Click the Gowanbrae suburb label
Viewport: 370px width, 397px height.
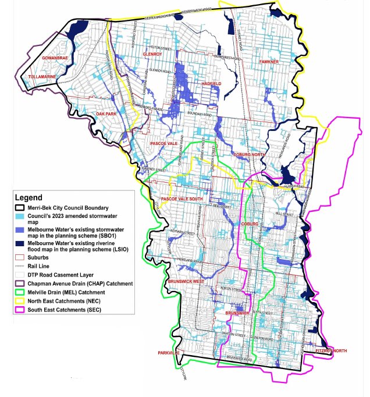coord(56,59)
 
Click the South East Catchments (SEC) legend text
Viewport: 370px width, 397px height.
coord(72,310)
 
